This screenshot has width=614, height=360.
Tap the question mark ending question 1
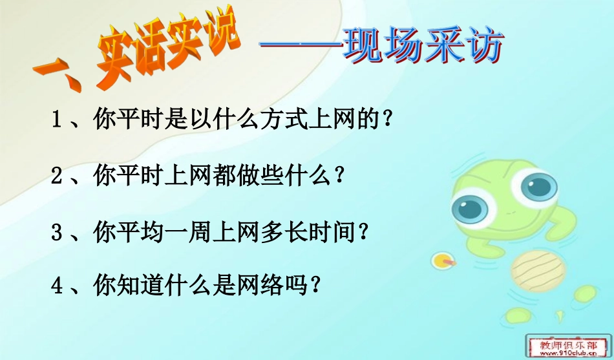[x=387, y=120]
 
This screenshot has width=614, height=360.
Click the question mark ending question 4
[x=315, y=286]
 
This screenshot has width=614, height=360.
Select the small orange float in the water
[x=443, y=260]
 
